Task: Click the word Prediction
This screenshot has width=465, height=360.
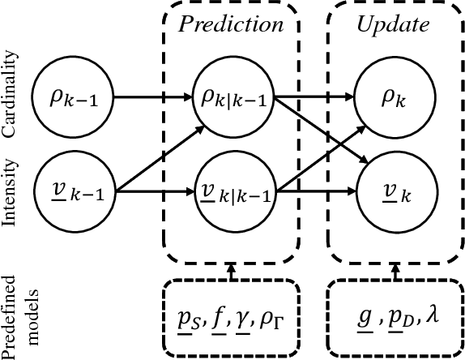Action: click(232, 24)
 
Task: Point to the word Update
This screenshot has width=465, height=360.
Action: click(393, 24)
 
